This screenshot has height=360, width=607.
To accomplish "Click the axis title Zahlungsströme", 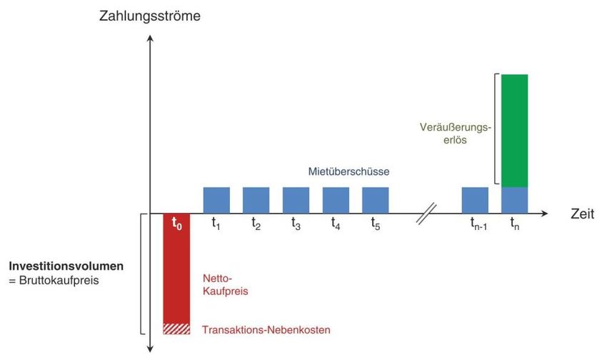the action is click(x=150, y=16).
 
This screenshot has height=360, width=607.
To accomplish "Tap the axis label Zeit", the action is click(x=582, y=214).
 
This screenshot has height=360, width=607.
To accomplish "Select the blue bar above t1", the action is click(x=216, y=200).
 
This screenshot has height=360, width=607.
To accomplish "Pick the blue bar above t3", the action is click(x=296, y=200).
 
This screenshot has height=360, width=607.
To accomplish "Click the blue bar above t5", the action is click(x=376, y=200).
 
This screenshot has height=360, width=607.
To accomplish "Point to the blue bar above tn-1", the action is click(x=475, y=200).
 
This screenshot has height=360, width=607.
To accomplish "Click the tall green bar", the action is click(x=514, y=131).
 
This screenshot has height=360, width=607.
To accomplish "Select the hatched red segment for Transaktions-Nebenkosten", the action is click(x=176, y=329).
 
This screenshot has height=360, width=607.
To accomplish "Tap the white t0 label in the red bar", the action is click(x=177, y=224).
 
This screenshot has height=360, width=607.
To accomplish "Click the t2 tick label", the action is click(x=256, y=224).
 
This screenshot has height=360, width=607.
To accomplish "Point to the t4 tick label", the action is click(x=336, y=224).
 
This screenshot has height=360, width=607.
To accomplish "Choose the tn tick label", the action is click(x=514, y=224).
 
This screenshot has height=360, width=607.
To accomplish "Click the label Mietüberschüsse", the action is click(x=348, y=171).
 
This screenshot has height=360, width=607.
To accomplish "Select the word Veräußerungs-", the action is click(x=456, y=127).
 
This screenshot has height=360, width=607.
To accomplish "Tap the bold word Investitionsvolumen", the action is click(x=66, y=266).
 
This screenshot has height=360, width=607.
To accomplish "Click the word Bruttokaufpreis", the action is click(x=59, y=280).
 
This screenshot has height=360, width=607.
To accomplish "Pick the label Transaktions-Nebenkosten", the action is click(x=266, y=330).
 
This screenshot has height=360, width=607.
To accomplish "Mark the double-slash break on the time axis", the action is click(x=426, y=214).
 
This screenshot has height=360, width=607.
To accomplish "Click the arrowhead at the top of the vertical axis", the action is click(x=150, y=38).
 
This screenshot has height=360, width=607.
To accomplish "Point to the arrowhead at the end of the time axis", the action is click(x=545, y=214).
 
